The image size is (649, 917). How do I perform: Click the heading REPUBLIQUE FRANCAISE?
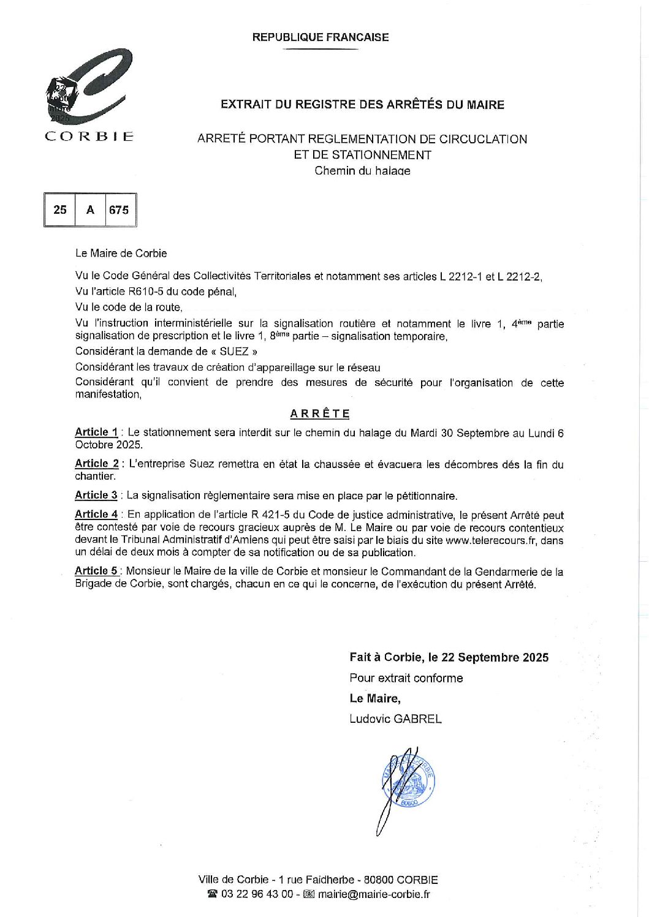tap(320, 37)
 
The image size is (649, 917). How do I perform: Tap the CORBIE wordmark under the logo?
tap(89, 136)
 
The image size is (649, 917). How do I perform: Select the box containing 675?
tap(119, 210)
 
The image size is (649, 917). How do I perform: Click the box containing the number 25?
tap(60, 210)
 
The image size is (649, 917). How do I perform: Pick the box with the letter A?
tap(90, 210)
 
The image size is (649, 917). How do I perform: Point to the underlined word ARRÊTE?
tap(320, 414)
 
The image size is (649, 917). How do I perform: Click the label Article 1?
tap(96, 432)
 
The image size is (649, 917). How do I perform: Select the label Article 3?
tap(96, 495)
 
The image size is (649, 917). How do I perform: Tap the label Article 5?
tap(96, 572)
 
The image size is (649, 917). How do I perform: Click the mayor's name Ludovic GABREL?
tap(395, 719)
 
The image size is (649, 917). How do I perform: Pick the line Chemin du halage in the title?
tap(362, 171)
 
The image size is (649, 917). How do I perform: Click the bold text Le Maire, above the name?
tap(375, 698)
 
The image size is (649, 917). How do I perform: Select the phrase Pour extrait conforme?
tap(406, 678)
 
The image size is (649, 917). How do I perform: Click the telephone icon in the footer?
tap(213, 894)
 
